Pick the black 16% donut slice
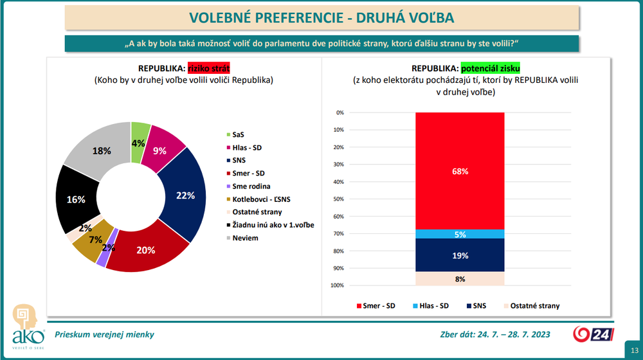[76, 199]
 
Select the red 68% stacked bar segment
[460, 171]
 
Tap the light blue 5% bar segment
[460, 235]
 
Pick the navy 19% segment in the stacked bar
[460, 255]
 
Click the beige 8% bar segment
[460, 278]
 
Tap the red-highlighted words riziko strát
[208, 68]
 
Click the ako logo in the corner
[28, 325]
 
